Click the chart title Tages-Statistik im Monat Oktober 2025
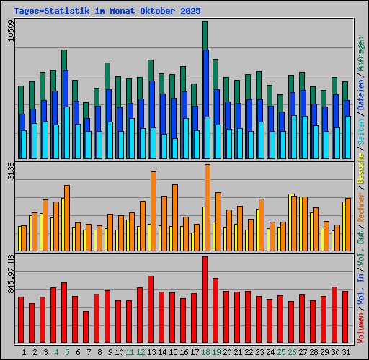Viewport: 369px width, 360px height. pyautogui.click(x=107, y=12)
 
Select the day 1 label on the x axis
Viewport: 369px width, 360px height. pyautogui.click(x=25, y=352)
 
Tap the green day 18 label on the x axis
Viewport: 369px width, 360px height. pyautogui.click(x=205, y=352)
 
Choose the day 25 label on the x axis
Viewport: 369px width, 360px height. pyautogui.click(x=281, y=352)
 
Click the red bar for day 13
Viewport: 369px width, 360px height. pyautogui.click(x=151, y=310)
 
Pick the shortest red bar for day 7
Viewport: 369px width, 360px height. pyautogui.click(x=86, y=327)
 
